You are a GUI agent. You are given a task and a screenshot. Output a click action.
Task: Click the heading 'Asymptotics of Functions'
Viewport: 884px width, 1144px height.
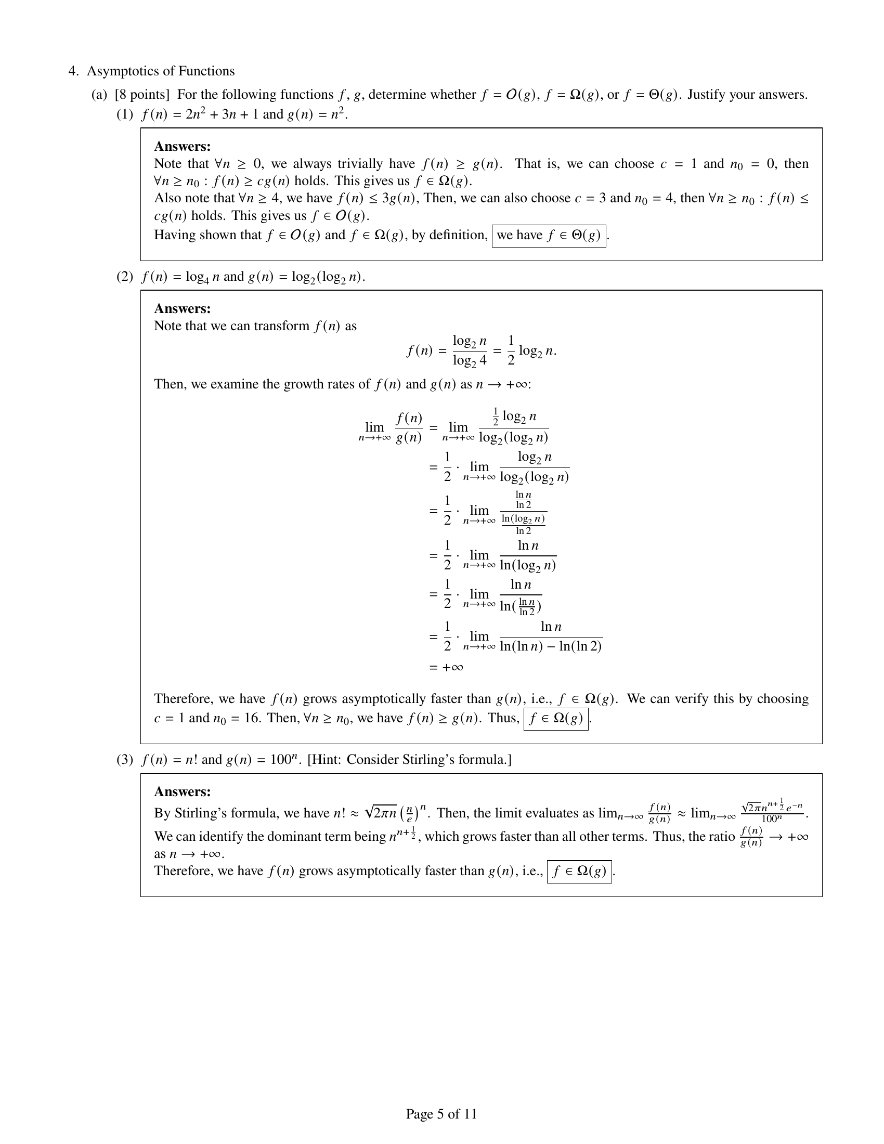tap(161, 71)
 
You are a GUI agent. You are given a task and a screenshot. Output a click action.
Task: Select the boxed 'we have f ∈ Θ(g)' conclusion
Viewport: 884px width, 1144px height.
tap(548, 236)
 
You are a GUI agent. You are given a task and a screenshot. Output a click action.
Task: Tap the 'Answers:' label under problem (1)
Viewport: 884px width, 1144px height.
tap(182, 146)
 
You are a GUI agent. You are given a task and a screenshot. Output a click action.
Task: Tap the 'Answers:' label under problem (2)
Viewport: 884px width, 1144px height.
tap(182, 308)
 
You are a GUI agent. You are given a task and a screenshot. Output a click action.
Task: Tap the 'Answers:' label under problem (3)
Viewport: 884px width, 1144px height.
tap(182, 791)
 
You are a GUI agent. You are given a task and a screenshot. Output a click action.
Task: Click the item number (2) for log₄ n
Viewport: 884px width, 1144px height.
tap(125, 277)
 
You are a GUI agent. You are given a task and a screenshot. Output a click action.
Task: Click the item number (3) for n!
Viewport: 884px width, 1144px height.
tap(125, 760)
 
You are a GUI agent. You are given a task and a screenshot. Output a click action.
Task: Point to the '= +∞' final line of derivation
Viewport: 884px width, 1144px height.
tap(446, 667)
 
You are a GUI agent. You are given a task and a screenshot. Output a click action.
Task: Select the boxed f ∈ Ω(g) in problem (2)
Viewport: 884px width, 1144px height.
tap(556, 719)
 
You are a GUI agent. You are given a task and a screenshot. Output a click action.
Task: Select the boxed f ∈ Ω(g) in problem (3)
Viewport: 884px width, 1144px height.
tap(579, 871)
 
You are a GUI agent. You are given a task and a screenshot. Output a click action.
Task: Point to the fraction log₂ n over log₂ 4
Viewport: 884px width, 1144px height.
tap(469, 350)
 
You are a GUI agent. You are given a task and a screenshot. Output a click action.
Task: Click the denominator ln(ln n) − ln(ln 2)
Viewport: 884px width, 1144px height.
tap(550, 646)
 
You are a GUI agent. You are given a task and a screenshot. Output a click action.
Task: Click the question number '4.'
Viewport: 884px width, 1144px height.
tap(74, 71)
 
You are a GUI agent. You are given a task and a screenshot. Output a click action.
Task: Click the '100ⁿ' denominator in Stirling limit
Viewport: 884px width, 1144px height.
tap(772, 818)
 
